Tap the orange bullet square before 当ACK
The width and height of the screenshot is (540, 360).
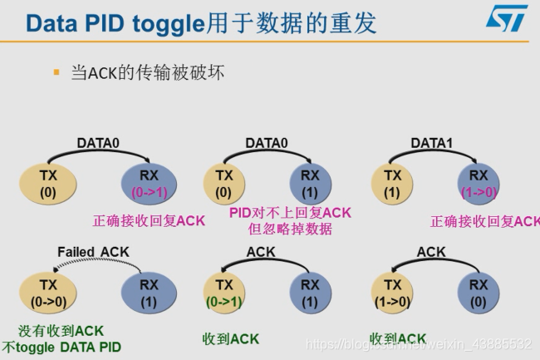click(x=56, y=73)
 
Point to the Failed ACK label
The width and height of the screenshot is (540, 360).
click(x=94, y=252)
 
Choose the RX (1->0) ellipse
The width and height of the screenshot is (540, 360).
click(x=479, y=184)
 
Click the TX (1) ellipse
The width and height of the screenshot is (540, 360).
click(x=393, y=184)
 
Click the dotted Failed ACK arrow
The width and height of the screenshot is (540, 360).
click(x=94, y=264)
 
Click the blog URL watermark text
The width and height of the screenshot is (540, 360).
click(x=419, y=343)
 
